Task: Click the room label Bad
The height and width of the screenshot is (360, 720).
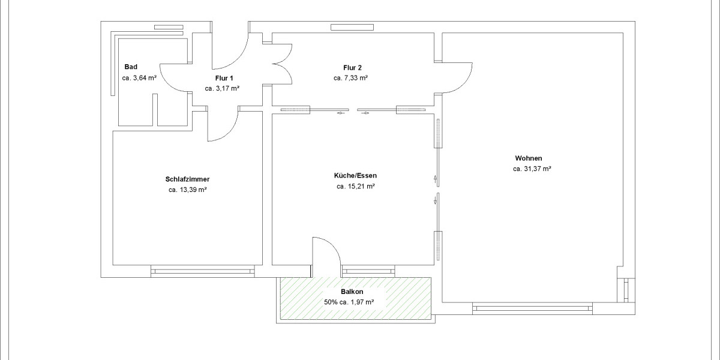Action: pos(131,67)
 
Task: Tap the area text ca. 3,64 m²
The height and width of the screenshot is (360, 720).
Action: pos(139,78)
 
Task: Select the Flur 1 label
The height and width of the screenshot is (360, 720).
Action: pos(224,78)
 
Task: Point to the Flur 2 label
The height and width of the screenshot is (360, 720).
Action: pos(352,67)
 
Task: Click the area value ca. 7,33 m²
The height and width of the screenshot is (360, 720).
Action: pos(350,78)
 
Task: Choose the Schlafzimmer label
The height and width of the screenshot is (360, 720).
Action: pos(187,179)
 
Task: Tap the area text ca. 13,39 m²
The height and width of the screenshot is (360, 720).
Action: pos(187,190)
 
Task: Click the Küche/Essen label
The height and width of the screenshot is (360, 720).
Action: pos(355,176)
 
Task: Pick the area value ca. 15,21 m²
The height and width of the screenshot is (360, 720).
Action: pos(355,187)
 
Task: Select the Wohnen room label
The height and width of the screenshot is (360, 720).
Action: pos(528,158)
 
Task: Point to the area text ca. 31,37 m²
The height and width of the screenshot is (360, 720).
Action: pos(532,169)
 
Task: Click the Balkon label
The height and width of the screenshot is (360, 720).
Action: pos(352,292)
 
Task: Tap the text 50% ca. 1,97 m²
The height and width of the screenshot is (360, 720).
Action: pos(349,302)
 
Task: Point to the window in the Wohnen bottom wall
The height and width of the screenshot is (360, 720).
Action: pos(531,309)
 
